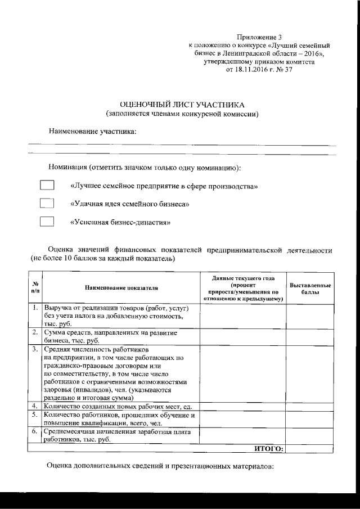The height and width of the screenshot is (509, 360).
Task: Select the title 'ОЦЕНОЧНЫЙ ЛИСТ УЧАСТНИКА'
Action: (183, 105)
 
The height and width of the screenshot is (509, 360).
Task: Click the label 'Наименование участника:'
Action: (93, 132)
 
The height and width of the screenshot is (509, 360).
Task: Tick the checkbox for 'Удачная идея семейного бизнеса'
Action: (47, 203)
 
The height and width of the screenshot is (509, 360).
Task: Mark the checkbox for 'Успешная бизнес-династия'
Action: (47, 221)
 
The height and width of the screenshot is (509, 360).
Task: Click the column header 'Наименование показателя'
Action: (121, 288)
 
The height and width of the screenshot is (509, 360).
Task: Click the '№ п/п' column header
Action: (35, 288)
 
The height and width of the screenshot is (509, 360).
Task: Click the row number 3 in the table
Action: (35, 349)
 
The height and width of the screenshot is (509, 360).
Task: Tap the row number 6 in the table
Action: (35, 431)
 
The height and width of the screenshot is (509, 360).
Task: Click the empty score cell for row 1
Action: (310, 316)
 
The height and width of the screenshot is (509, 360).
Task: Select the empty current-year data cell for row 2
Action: (243, 336)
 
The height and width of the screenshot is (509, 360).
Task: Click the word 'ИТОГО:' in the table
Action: (269, 448)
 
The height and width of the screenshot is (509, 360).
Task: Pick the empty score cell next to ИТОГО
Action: (310, 448)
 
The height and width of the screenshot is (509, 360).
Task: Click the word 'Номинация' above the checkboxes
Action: (67, 168)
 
